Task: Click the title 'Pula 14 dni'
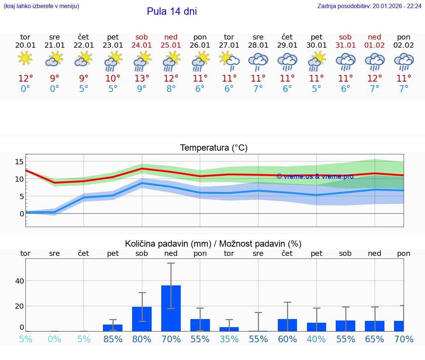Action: (x=172, y=11)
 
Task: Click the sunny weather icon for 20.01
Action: (x=25, y=58)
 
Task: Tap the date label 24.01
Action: (x=142, y=45)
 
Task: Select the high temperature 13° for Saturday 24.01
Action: (x=142, y=78)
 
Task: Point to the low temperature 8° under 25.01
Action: (x=171, y=89)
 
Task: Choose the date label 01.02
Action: (x=374, y=45)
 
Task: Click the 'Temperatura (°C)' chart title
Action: (x=214, y=148)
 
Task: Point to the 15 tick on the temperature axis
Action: (x=19, y=162)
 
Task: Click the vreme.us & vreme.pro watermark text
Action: (x=315, y=176)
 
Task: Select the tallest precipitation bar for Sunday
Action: (x=171, y=308)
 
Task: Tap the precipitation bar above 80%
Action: (x=142, y=319)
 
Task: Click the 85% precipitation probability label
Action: (x=113, y=339)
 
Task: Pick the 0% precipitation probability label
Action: (x=54, y=339)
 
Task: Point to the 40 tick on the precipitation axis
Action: (x=19, y=281)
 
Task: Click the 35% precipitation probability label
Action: (x=229, y=339)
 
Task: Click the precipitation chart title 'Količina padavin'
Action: (x=213, y=244)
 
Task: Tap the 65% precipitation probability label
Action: (x=374, y=339)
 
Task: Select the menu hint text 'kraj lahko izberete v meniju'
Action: (x=41, y=6)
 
